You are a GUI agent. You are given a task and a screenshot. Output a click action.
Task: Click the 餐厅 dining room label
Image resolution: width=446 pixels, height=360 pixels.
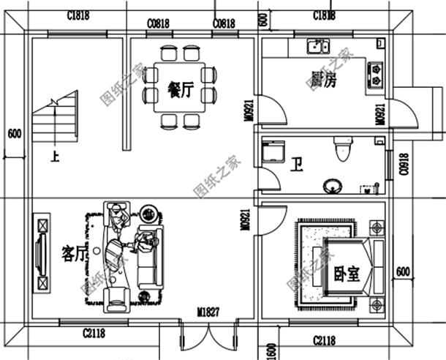pyautogui.click(x=180, y=90)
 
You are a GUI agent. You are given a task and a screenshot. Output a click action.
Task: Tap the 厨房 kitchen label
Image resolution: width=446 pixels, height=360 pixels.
pyautogui.click(x=322, y=80)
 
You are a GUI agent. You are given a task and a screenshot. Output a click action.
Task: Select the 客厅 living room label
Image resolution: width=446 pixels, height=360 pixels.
pyautogui.click(x=75, y=253)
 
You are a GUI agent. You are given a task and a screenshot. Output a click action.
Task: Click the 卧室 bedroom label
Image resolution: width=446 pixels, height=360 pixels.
pyautogui.click(x=347, y=274)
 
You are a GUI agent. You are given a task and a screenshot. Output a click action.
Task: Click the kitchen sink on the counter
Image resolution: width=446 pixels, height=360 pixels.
pyautogui.click(x=317, y=48)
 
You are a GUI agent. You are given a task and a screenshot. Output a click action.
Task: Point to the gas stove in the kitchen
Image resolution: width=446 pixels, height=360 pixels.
pyautogui.click(x=376, y=71)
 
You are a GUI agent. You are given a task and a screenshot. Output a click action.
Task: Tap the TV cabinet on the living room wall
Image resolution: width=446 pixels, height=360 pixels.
pyautogui.click(x=42, y=251)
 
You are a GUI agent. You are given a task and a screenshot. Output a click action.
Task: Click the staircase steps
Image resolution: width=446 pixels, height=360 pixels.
pyautogui.click(x=56, y=121)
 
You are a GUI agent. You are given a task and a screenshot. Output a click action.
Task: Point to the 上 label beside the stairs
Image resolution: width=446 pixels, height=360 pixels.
pyautogui.click(x=53, y=156)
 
